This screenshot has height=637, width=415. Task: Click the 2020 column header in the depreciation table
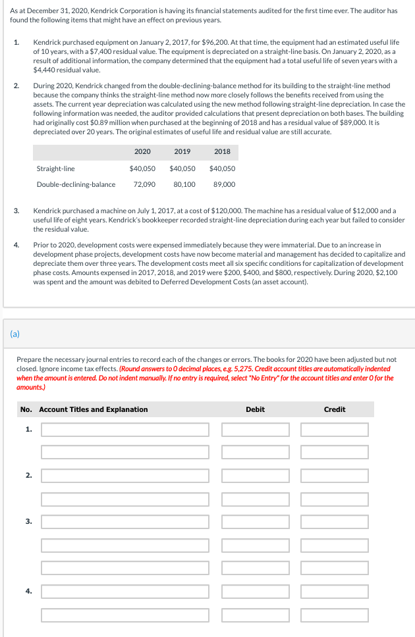pyautogui.click(x=142, y=151)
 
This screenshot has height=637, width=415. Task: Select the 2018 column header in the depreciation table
pyautogui.click(x=222, y=151)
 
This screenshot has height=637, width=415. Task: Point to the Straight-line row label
pyautogui.click(x=55, y=168)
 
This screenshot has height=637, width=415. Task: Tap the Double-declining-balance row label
pyautogui.click(x=76, y=184)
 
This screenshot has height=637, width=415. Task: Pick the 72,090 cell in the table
pyautogui.click(x=144, y=184)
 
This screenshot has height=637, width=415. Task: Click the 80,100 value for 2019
pyautogui.click(x=184, y=184)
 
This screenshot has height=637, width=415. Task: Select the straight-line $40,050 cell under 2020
pyautogui.click(x=142, y=168)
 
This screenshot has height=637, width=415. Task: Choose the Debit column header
pyautogui.click(x=255, y=409)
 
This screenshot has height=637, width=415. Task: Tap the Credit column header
pyautogui.click(x=335, y=409)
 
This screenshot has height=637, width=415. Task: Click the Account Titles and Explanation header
pyautogui.click(x=93, y=409)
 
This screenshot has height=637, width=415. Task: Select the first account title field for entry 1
pyautogui.click(x=125, y=430)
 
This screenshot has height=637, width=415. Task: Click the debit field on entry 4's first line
pyautogui.click(x=256, y=592)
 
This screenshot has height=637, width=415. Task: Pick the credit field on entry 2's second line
pyautogui.click(x=335, y=499)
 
